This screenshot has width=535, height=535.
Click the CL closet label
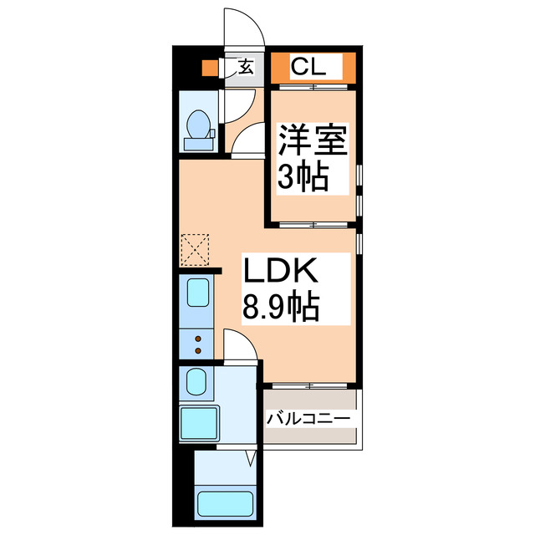pyautogui.click(x=314, y=66)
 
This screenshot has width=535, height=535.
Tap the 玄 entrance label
pyautogui.click(x=247, y=67)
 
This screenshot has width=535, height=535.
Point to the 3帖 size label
pyautogui.click(x=303, y=177)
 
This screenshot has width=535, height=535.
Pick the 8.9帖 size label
pyautogui.click(x=280, y=308)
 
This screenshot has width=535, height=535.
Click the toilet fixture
pyautogui.click(x=199, y=130)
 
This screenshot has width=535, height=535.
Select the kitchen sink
pyautogui.click(x=199, y=294)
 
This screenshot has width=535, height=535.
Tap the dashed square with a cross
pyautogui.click(x=195, y=248)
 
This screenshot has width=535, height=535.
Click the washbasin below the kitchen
pyautogui.click(x=199, y=384)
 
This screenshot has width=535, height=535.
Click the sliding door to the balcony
pyautogui.click(x=309, y=385)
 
